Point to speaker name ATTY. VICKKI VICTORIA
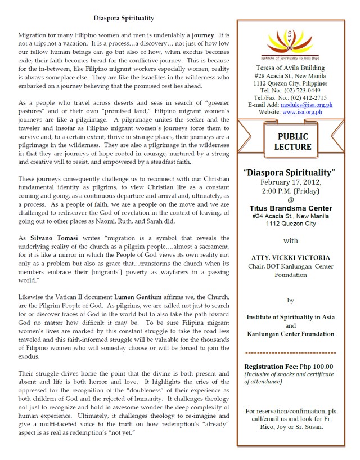pos(291,258)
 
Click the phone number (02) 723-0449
pos(301,90)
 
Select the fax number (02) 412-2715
pos(307,97)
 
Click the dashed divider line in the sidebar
pos(291,352)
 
